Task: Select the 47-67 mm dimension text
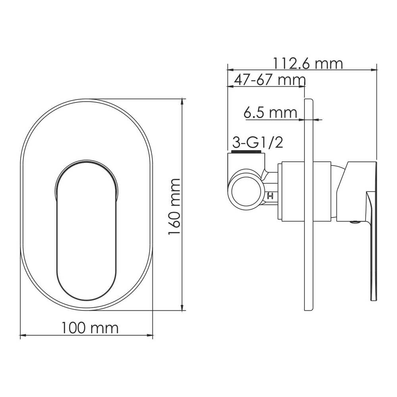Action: [270, 80]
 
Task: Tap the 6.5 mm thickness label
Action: [270, 112]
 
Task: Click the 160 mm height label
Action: [174, 206]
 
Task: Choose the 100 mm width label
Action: [90, 328]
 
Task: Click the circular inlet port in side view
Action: [244, 187]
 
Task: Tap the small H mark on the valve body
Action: [270, 196]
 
